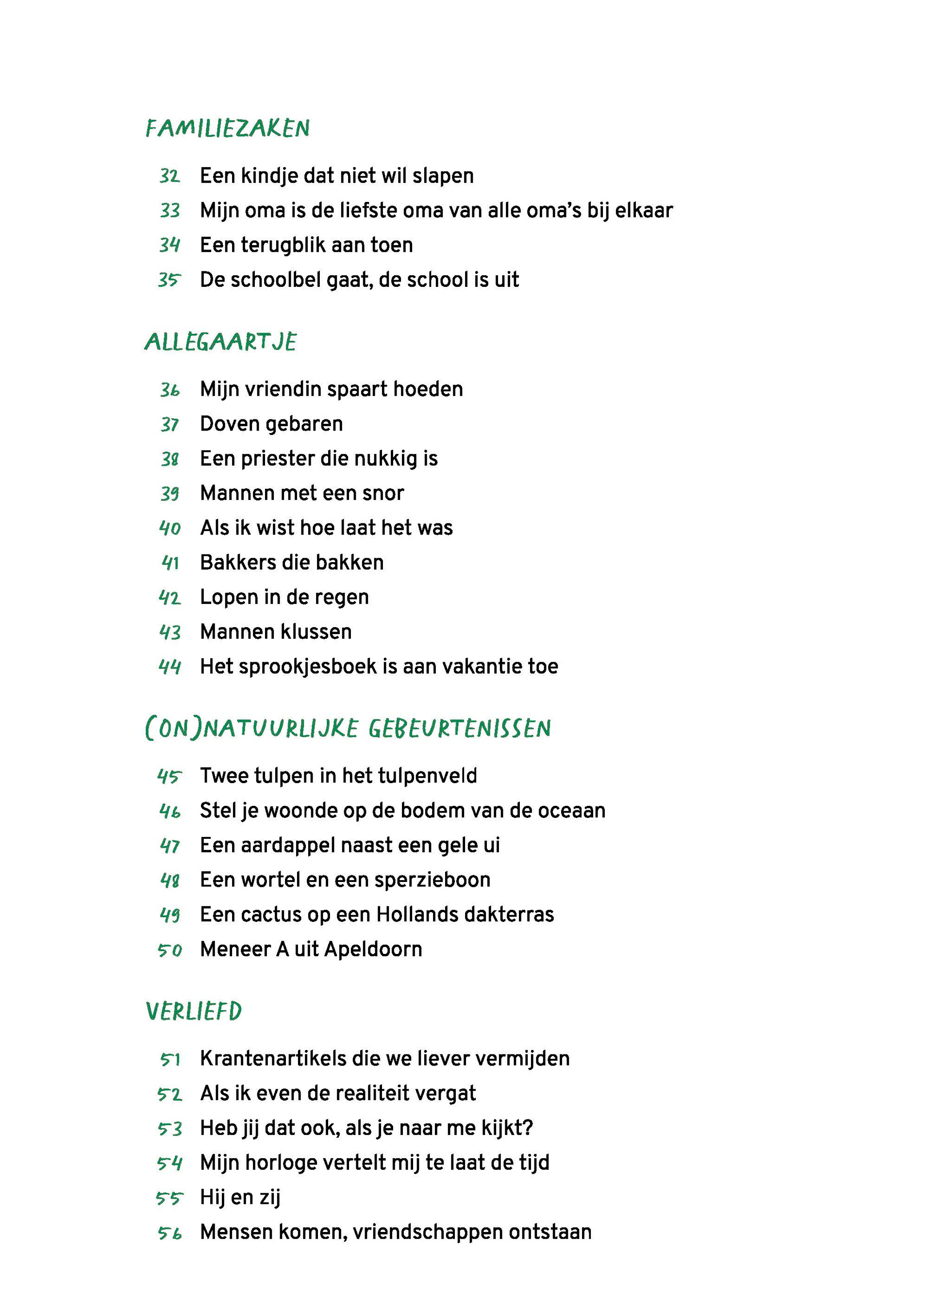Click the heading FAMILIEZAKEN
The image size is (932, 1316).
click(228, 128)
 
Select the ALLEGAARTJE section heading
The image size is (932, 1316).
click(221, 342)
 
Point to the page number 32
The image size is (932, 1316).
click(170, 176)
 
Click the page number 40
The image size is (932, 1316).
click(170, 528)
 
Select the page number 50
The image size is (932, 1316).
click(170, 950)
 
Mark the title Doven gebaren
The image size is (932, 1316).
click(271, 424)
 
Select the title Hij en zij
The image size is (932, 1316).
click(240, 1197)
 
